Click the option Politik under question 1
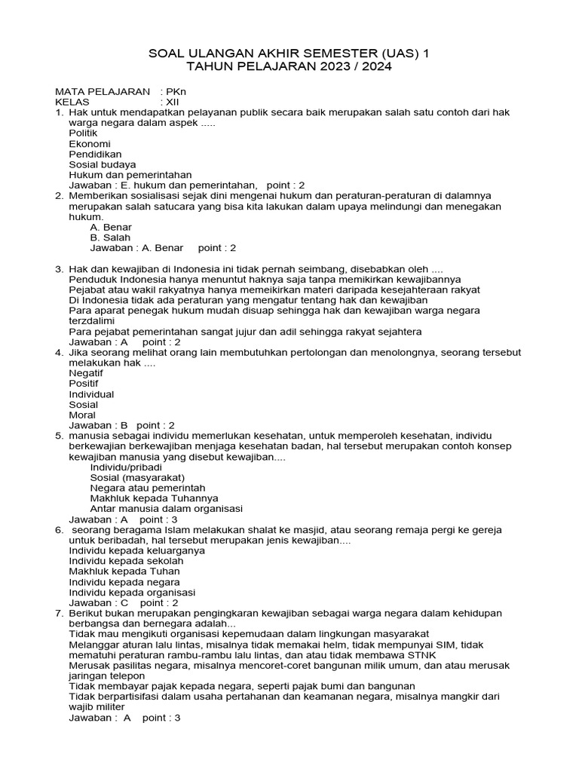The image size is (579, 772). pos(83,133)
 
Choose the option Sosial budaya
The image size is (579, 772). pos(103,164)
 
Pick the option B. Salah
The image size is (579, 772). pos(110,237)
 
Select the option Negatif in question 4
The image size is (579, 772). pos(86,373)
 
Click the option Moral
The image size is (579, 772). pos(82,415)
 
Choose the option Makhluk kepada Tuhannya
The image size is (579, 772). pos(154,498)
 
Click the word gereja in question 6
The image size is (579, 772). pos(485,530)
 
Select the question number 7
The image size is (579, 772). pos(58,614)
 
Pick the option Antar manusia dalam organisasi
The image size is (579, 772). pos(165,509)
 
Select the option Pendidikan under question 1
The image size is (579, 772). pos(95,154)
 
